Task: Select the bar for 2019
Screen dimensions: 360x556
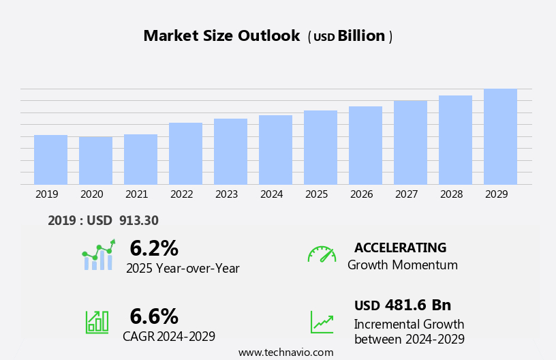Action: pos(50,160)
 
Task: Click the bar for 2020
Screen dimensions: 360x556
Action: pos(95,161)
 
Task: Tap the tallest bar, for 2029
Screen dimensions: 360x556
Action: pos(500,136)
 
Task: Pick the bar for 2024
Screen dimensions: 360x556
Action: pos(275,150)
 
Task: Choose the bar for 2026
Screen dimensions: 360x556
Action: pos(365,145)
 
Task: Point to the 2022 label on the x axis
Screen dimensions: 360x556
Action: pos(181,194)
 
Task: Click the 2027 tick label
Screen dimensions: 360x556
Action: pos(406,194)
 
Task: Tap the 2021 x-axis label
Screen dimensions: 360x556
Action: pos(136,194)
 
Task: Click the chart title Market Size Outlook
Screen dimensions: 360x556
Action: pos(221,36)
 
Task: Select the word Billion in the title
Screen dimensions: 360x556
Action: pos(361,36)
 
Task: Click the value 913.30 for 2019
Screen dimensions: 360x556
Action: pos(138,220)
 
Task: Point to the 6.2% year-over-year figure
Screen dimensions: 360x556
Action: pos(154,248)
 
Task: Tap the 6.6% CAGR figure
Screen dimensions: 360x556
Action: pos(154,316)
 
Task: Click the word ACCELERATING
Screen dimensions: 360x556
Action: pos(400,247)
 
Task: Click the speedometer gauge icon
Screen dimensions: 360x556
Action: pos(322,254)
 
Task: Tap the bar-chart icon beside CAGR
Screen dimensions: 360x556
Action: pos(97,321)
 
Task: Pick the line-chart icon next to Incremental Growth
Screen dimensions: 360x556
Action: pos(322,322)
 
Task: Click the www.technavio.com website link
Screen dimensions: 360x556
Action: pos(285,352)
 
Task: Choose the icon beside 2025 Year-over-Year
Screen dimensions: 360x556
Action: pos(98,256)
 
